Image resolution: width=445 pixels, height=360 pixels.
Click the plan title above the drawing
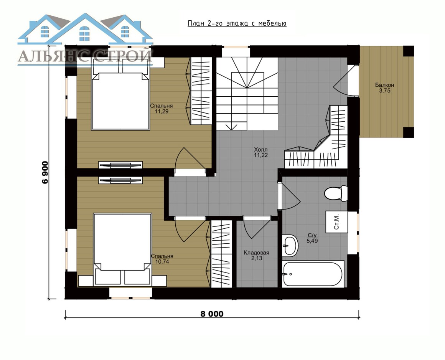[237, 23]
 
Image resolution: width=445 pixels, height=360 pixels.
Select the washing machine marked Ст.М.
[336, 222]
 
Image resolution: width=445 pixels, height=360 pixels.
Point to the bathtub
[313, 274]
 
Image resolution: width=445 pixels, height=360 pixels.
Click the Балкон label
[384, 85]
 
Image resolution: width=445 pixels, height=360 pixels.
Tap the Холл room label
[261, 149]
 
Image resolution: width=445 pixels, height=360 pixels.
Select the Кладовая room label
[257, 253]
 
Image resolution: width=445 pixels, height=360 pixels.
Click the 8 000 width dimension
[212, 314]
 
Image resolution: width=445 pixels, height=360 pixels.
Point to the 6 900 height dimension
[45, 173]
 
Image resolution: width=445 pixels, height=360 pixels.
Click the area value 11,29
[162, 112]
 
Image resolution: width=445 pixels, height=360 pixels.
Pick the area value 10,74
[162, 262]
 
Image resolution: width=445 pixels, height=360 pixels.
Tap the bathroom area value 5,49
[312, 241]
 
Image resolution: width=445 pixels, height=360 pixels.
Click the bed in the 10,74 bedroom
[123, 249]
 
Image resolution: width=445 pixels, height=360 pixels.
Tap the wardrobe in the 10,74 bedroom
[221, 254]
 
